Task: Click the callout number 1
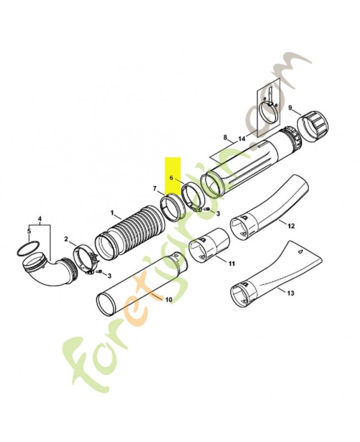tap(112, 212)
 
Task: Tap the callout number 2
tap(66, 239)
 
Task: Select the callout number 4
tap(40, 218)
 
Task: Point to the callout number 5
tap(29, 231)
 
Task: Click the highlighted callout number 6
tap(171, 178)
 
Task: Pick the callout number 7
tap(155, 188)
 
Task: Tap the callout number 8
tap(225, 137)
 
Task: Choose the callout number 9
tap(290, 108)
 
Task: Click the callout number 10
tap(168, 300)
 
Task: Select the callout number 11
tap(231, 264)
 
